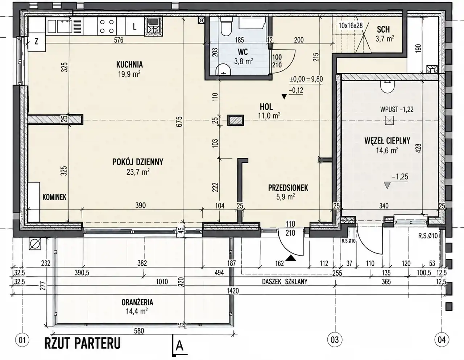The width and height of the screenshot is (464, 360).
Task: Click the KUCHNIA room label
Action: click(x=129, y=65)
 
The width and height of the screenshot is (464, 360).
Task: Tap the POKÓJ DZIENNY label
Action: click(x=138, y=162)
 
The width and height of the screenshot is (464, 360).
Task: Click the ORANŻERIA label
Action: click(x=137, y=302)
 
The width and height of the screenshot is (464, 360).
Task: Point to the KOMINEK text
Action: click(x=54, y=197)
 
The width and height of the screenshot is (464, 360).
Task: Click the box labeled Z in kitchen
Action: click(x=37, y=42)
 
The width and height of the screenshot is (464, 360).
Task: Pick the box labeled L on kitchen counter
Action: click(x=135, y=26)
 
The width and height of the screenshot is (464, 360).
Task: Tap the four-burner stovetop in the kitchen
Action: click(x=107, y=26)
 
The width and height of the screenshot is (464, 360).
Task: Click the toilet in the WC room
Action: click(x=226, y=26)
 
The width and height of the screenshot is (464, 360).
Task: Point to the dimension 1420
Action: click(x=233, y=291)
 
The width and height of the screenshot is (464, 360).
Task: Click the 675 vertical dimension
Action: click(x=180, y=121)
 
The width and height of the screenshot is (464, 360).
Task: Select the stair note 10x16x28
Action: click(x=351, y=26)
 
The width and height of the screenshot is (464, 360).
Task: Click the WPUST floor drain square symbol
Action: click(x=389, y=120)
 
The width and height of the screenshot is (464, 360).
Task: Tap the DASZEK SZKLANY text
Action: click(x=285, y=282)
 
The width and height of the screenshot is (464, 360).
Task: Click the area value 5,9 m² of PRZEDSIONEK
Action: click(x=286, y=196)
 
